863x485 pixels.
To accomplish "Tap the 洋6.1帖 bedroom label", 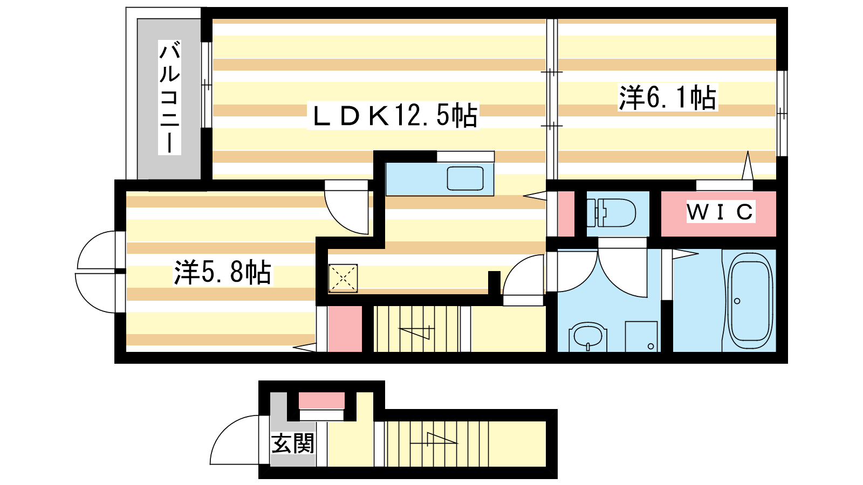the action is (668, 98).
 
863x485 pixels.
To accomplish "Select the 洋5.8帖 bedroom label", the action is (223, 273).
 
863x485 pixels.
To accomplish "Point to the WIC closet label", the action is (720, 212).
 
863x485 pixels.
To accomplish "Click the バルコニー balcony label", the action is (169, 98).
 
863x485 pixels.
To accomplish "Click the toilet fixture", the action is (611, 213).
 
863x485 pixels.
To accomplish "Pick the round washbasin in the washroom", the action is (587, 336).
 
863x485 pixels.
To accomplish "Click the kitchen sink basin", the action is (465, 178).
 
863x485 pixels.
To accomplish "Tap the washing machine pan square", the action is (641, 336).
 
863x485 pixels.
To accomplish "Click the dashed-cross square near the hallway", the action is (343, 278).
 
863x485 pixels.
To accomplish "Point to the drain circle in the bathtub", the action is (737, 301).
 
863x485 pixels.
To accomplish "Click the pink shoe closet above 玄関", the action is (321, 401).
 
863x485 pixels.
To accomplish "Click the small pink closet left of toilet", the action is (566, 213).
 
